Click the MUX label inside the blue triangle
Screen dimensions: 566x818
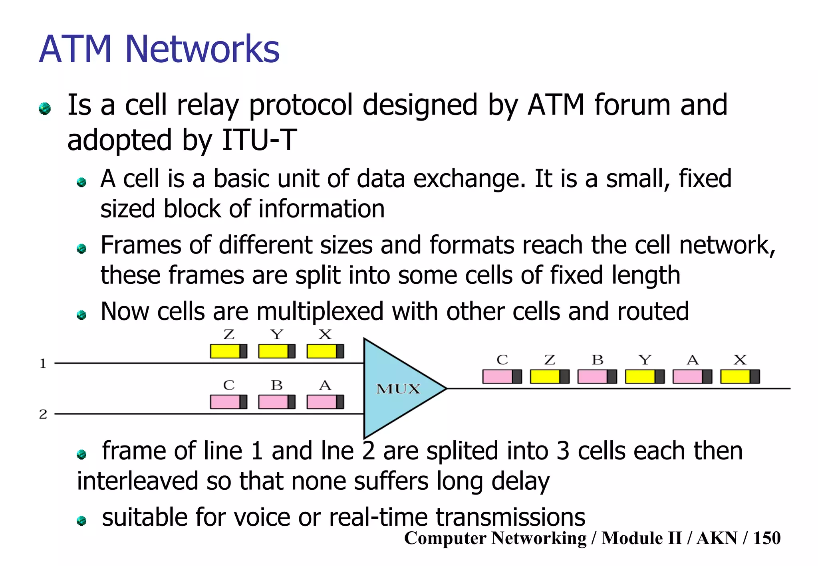pos(398,389)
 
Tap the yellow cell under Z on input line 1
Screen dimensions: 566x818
pos(228,351)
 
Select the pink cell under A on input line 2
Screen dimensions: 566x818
pos(325,402)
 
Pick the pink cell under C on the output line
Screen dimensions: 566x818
pos(502,376)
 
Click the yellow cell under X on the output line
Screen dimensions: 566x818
pos(740,376)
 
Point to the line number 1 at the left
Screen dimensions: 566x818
pos(43,364)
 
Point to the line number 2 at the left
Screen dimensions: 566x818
pos(43,414)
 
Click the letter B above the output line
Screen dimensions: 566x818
pos(598,360)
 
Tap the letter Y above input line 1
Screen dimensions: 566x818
pos(277,334)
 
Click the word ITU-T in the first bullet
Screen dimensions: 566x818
pos(259,140)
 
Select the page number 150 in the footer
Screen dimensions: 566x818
pos(766,538)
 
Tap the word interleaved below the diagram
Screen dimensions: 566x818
pos(137,481)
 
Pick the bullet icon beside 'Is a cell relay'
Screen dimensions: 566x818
pos(45,108)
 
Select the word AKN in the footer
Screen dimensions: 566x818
pos(717,538)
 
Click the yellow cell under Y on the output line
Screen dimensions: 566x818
pos(645,376)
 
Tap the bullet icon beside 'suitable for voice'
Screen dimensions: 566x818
pos(82,520)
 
